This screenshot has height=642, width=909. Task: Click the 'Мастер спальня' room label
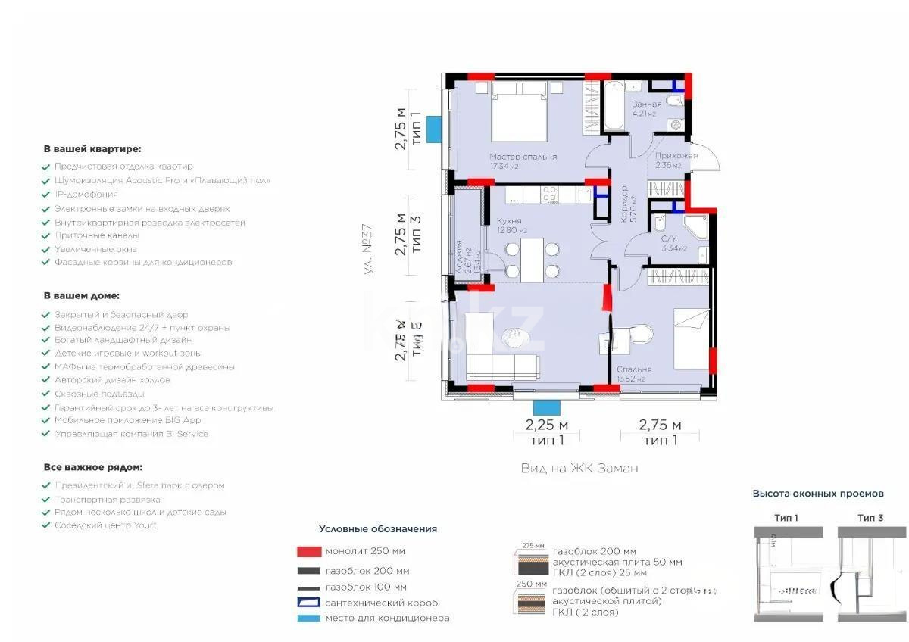click(x=523, y=157)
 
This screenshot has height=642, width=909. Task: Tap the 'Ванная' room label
click(x=647, y=104)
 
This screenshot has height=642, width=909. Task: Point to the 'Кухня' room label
click(x=508, y=220)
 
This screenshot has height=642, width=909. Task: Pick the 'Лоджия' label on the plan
click(x=459, y=254)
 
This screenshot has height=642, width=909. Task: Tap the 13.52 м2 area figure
click(x=630, y=379)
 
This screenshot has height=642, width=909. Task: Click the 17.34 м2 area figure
click(x=504, y=167)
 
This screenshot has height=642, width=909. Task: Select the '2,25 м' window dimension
click(x=547, y=425)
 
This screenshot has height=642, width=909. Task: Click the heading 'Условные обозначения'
click(x=378, y=529)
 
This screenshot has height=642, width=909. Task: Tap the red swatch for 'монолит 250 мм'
click(x=309, y=551)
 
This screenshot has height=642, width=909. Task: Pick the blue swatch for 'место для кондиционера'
click(x=309, y=618)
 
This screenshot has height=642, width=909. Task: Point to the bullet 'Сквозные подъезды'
click(x=99, y=394)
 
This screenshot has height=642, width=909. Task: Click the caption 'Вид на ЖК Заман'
click(x=579, y=469)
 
